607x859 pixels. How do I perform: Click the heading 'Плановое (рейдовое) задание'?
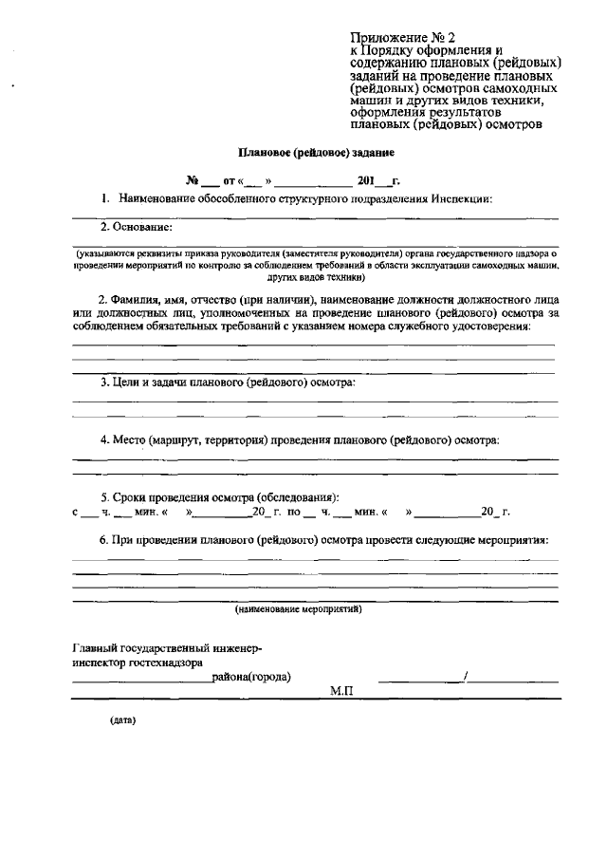[x=315, y=151]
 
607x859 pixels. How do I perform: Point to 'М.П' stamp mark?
[x=341, y=693]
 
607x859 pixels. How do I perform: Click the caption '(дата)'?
[x=123, y=720]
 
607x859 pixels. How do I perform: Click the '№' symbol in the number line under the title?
[x=192, y=179]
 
